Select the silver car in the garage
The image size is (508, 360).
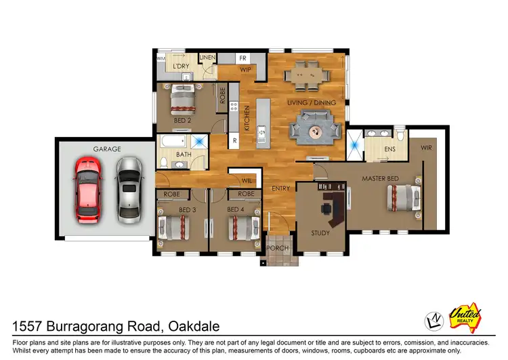point(129,190)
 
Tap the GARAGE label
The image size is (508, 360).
point(107,148)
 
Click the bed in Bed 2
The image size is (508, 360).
point(182,100)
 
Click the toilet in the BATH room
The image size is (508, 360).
point(164,161)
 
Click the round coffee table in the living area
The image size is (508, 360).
point(315,130)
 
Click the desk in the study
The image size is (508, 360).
point(332,207)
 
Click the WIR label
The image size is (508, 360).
point(426,147)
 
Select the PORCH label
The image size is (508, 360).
point(278,248)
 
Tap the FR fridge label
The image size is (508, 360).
point(242,58)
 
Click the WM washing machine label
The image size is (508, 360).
point(161,60)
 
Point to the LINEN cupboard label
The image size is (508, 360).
point(207,58)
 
